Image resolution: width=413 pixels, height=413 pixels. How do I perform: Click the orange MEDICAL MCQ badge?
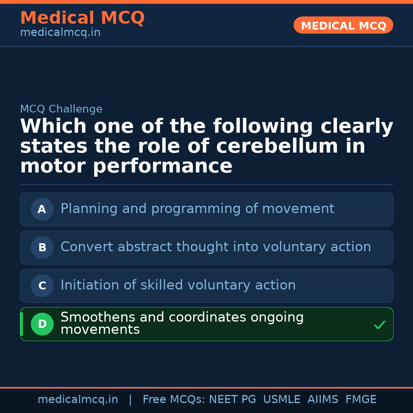[343, 25]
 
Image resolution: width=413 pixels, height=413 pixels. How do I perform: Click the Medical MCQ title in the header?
[82, 18]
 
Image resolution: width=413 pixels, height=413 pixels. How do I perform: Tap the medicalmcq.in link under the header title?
[60, 33]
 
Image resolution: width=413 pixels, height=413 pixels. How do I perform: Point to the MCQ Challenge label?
[61, 109]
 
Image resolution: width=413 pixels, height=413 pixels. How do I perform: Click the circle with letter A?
[42, 209]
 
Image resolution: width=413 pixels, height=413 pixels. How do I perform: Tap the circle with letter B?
[42, 247]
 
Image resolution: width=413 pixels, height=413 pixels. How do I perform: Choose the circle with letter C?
[42, 286]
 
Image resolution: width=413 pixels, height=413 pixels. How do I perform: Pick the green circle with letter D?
[42, 324]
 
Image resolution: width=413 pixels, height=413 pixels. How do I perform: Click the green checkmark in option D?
[379, 325]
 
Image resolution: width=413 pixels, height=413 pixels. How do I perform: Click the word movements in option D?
[100, 330]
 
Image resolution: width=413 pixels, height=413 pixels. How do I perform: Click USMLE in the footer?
[281, 400]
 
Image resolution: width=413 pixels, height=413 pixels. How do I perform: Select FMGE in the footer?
[361, 400]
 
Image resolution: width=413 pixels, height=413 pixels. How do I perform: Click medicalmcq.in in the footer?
[78, 400]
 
